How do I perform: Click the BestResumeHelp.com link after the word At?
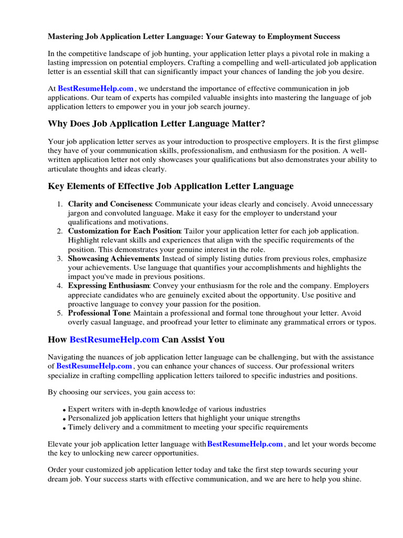[x=96, y=89]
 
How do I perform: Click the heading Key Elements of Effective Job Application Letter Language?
[x=171, y=186]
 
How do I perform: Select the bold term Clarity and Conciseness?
[x=110, y=204]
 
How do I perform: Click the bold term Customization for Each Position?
[x=124, y=231]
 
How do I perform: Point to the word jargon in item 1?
[x=79, y=213]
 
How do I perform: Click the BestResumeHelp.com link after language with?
[x=245, y=444]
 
